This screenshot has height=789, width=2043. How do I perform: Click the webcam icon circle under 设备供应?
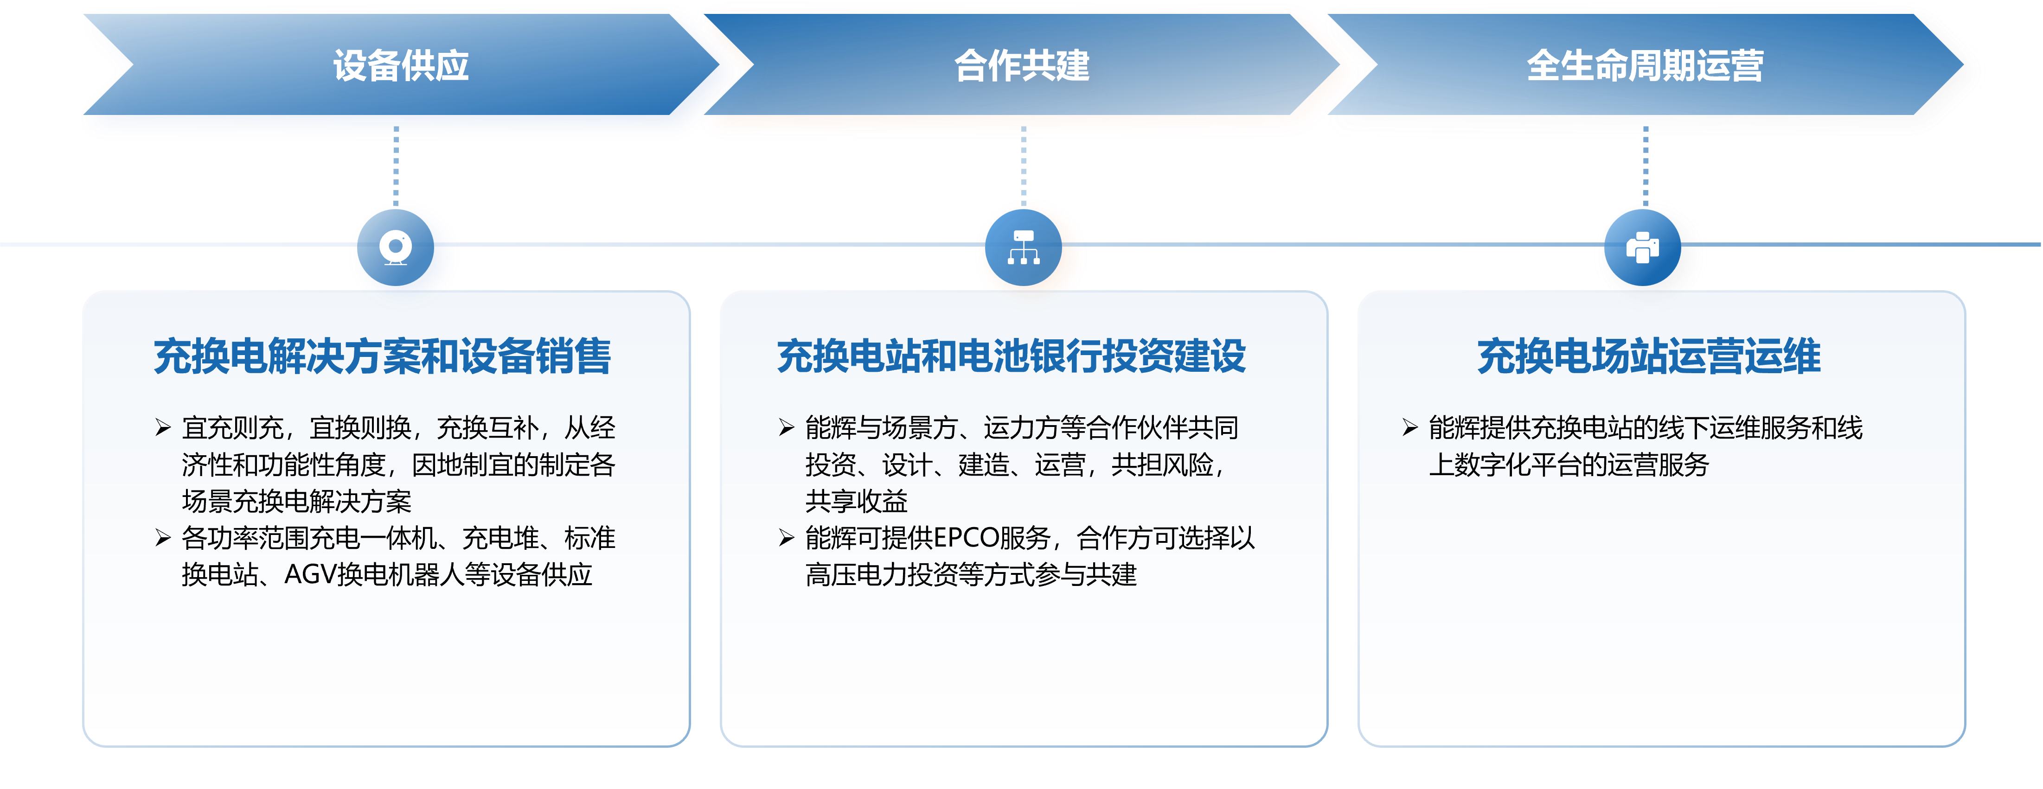tap(396, 248)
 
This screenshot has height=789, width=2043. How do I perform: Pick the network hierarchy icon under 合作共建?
tap(1023, 248)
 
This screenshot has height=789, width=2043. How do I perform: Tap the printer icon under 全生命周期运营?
tap(1642, 248)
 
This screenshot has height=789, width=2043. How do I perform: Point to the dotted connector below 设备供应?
tap(396, 166)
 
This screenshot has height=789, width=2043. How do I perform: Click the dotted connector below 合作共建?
tap(1023, 166)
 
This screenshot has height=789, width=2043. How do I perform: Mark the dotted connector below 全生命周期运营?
tap(1645, 166)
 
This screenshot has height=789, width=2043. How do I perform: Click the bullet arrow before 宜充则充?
tap(163, 428)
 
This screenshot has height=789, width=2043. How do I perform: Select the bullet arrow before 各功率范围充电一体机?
tap(163, 538)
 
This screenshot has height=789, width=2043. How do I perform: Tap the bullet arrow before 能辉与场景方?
tap(786, 428)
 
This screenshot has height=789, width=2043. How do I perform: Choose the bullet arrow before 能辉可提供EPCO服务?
tap(786, 538)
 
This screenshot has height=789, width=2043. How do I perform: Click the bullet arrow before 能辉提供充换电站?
tap(1409, 428)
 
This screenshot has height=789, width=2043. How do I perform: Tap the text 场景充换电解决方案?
tap(297, 501)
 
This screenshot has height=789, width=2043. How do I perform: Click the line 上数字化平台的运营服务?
tap(1569, 464)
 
